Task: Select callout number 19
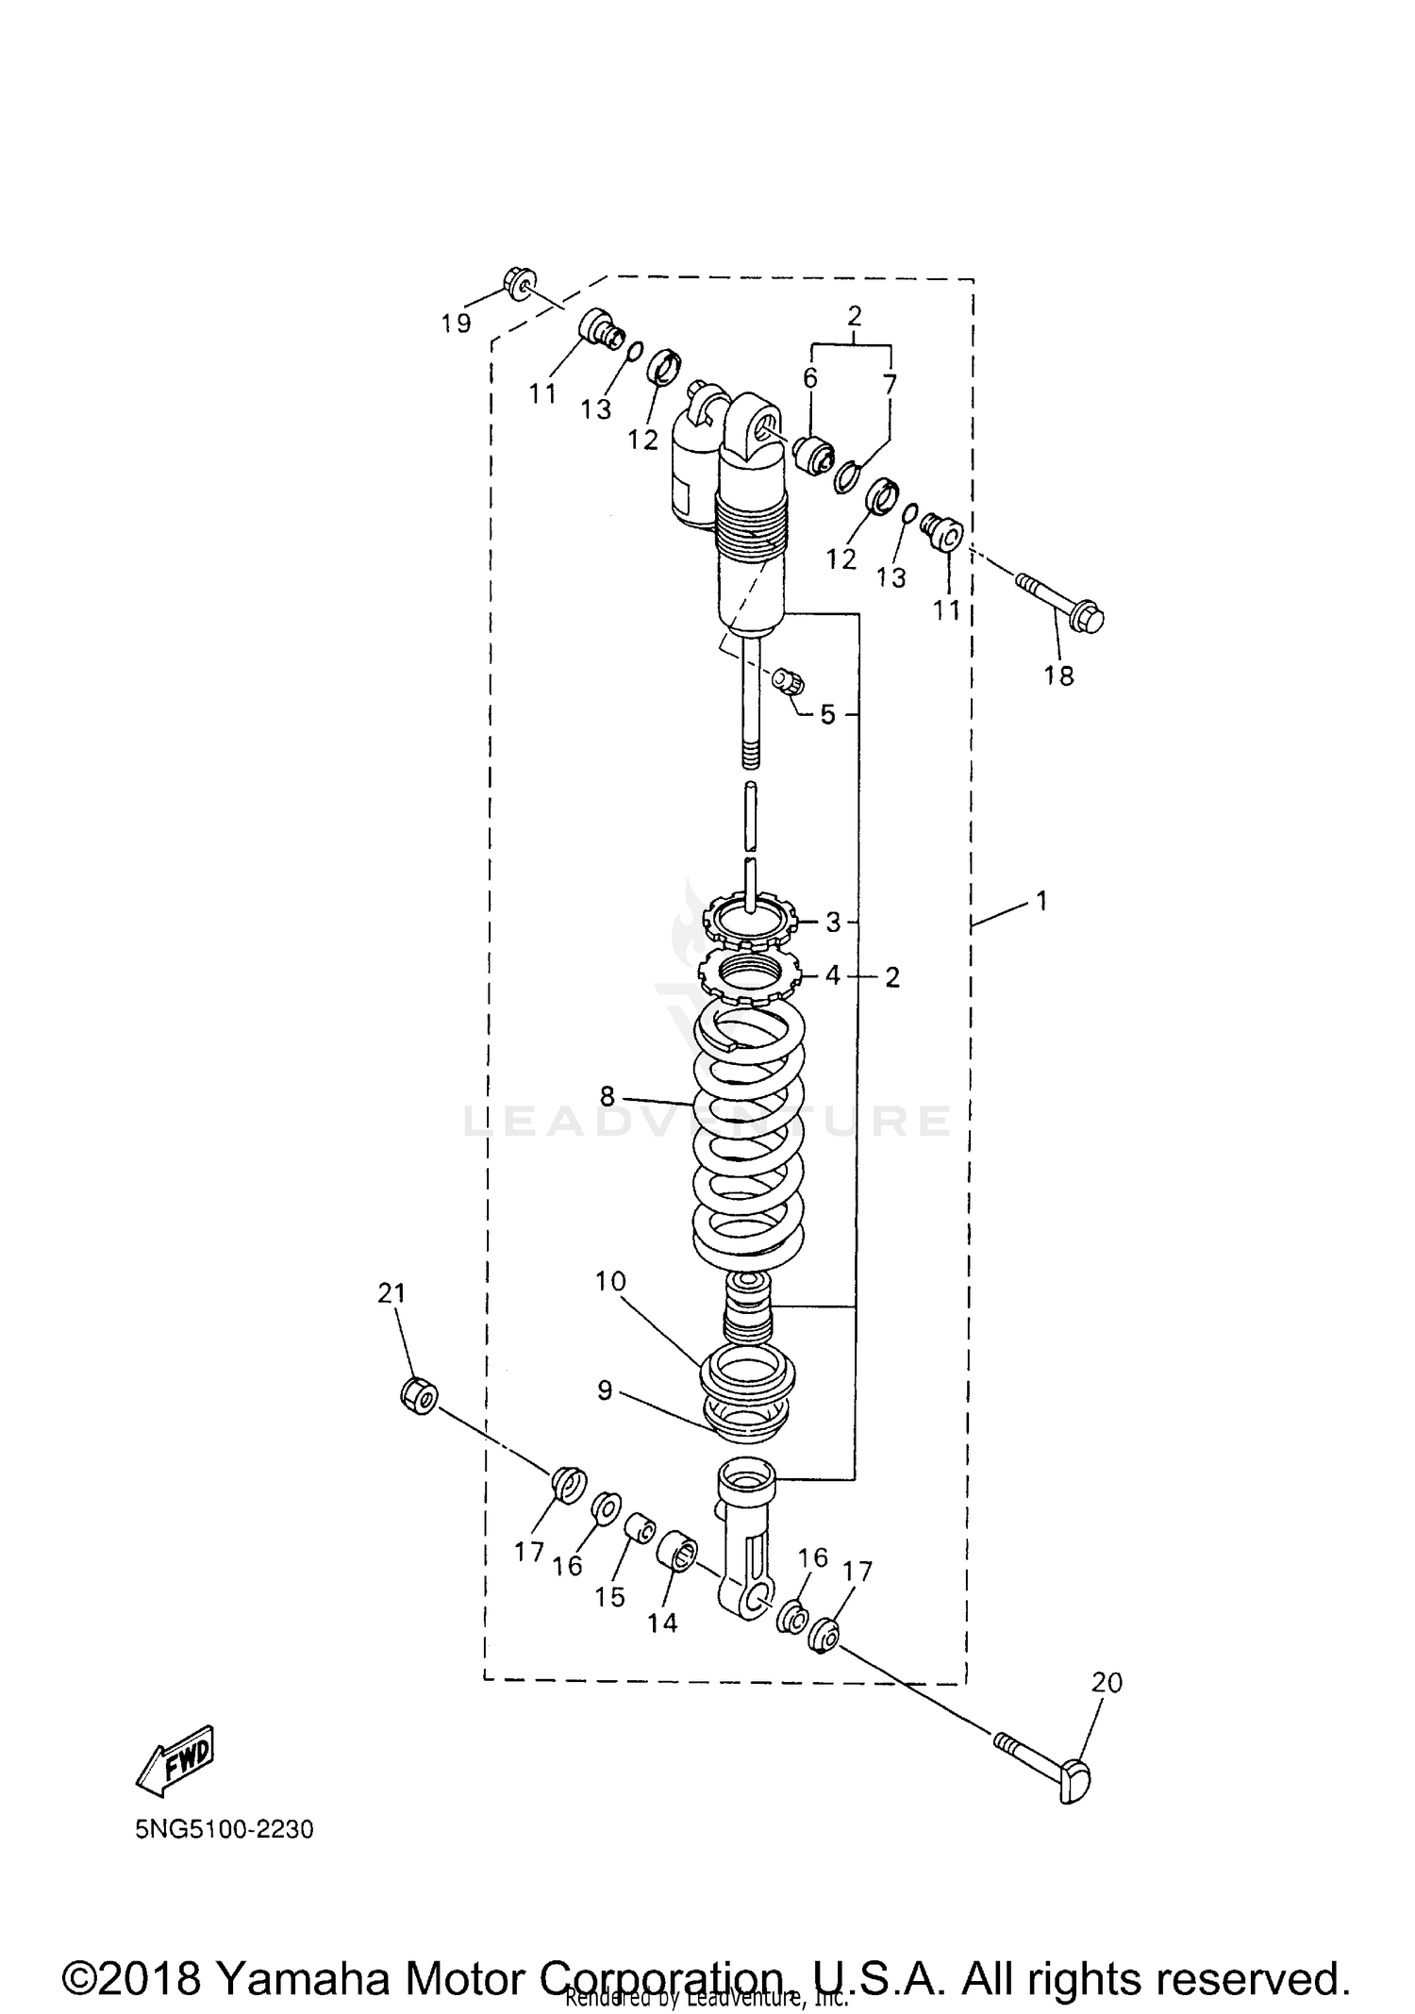coord(456,324)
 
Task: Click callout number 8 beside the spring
coord(607,1095)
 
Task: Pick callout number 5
coord(827,714)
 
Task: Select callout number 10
coord(610,1281)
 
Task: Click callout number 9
coord(605,1390)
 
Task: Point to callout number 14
coord(662,1622)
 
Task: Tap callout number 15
coord(610,1596)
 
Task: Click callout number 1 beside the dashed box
coord(1041,901)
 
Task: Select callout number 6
coord(809,377)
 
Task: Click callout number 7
coord(890,383)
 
